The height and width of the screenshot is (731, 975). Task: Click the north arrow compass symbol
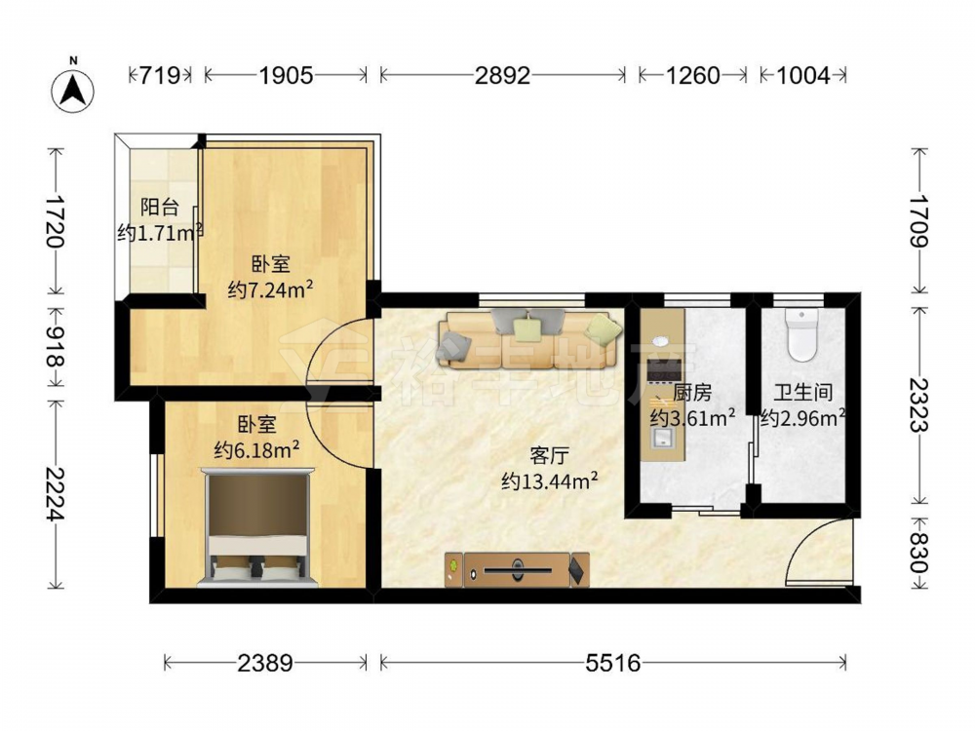73,91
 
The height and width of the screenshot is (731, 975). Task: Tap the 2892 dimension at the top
502,76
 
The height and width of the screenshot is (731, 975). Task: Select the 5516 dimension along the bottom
612,663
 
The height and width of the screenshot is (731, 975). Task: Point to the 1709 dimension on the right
918,221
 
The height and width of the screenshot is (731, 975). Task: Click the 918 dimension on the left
55,345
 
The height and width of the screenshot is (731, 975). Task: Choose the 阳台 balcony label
159,207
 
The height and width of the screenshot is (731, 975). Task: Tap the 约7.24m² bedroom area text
270,289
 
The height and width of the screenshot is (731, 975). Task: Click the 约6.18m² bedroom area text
256,449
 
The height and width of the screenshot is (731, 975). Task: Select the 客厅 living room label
549,455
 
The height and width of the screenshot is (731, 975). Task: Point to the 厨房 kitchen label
692,393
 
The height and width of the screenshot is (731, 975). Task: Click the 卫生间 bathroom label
802,392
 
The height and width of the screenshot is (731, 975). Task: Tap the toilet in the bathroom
802,334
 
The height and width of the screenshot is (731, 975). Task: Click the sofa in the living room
529,339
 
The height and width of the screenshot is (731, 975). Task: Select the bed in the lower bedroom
257,527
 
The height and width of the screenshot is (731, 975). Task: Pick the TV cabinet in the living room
518,570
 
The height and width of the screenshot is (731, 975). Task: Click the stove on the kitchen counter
664,371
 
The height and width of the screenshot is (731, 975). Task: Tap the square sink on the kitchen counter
663,440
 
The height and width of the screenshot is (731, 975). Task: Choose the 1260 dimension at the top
692,76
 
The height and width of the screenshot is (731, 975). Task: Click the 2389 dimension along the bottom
264,663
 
